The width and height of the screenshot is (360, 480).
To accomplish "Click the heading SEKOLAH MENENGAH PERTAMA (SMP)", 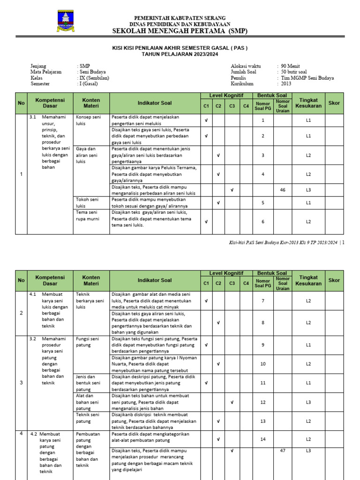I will pos(180,31).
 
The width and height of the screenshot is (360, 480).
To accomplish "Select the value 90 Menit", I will pos(291,66).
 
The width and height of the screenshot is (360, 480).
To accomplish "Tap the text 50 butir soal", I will pos(294,72).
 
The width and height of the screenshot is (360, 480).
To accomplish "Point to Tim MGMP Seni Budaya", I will pos(307,78).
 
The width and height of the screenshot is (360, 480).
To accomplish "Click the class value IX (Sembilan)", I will pos(94,78).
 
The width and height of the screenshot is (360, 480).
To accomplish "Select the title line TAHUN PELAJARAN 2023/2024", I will pos(180,54).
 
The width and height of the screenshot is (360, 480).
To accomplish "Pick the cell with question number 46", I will pos(282,190).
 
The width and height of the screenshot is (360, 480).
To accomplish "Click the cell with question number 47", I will pos(282,450).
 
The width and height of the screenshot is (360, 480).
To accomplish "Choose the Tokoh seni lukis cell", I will pos(87,202).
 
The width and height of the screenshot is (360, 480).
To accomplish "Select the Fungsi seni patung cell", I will pos(88,342).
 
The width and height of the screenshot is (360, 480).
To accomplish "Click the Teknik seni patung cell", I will pos(88,418).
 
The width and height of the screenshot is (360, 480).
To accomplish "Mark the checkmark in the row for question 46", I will pos(232,190).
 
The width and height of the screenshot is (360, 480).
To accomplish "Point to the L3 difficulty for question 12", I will pos(308,402).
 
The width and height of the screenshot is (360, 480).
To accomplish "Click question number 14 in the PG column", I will pos(263,439).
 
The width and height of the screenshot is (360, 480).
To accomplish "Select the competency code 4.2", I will pos(34,434).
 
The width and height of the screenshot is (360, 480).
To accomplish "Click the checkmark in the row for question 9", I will pos(206,345).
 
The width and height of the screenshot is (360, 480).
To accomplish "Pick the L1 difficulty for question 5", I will pos(308,202).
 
